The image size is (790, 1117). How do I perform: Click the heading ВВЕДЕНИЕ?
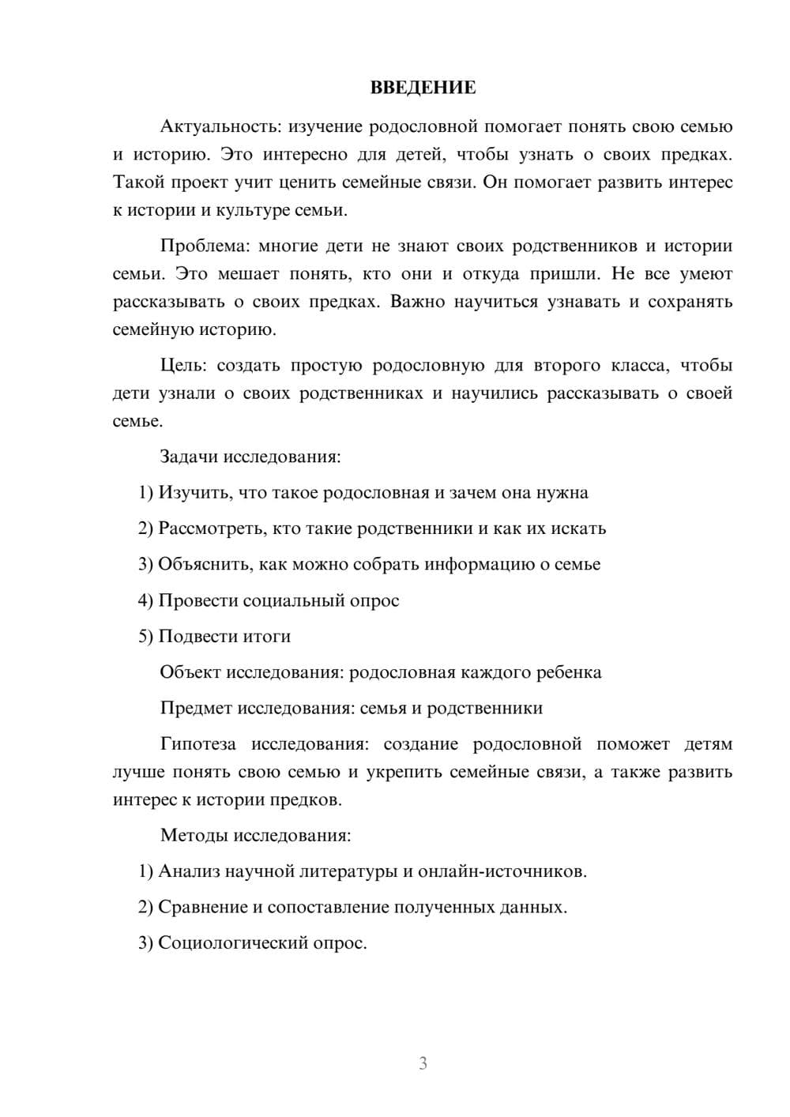pos(423,88)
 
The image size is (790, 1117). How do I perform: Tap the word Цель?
pos(182,365)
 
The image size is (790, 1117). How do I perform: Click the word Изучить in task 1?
pos(195,493)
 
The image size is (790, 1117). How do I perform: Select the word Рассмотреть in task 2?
pos(212,528)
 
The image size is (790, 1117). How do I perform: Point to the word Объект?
pos(190,672)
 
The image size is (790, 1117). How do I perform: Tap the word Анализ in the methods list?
pos(190,871)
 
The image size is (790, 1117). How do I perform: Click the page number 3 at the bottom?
pos(423,1063)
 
